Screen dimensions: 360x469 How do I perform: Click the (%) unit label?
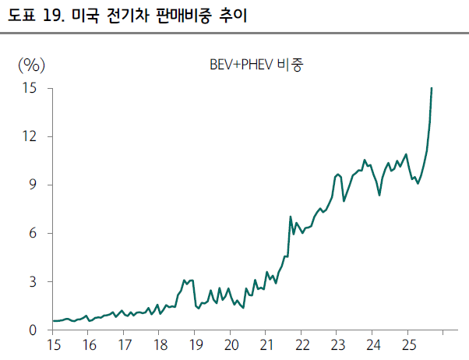(32, 64)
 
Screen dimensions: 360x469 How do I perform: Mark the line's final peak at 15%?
(432, 89)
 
